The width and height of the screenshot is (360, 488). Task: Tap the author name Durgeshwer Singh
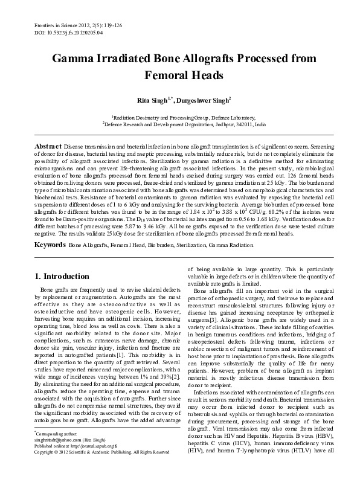coord(202,98)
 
